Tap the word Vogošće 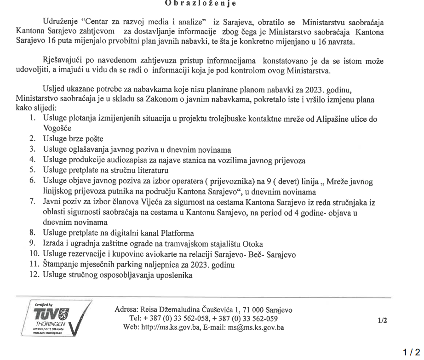58,128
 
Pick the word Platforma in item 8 176,233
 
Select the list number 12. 34,275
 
